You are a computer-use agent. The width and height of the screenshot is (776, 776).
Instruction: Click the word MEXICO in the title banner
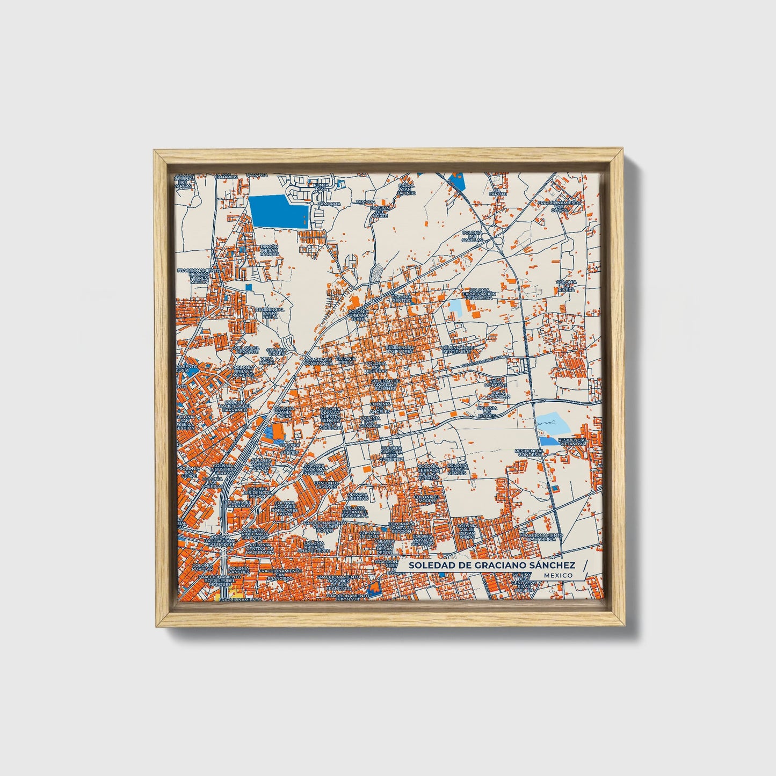coord(558,575)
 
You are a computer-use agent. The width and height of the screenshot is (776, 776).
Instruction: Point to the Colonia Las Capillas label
coord(472,236)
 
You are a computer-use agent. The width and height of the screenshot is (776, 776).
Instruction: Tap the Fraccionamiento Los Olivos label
coord(560,206)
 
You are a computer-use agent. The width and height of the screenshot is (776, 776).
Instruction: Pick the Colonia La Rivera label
coord(566,286)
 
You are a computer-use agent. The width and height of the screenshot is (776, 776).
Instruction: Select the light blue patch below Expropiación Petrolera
coord(455,307)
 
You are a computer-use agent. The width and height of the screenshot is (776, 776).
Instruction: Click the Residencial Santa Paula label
coord(270,313)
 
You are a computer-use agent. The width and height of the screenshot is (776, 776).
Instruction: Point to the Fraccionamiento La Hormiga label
coord(541,538)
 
